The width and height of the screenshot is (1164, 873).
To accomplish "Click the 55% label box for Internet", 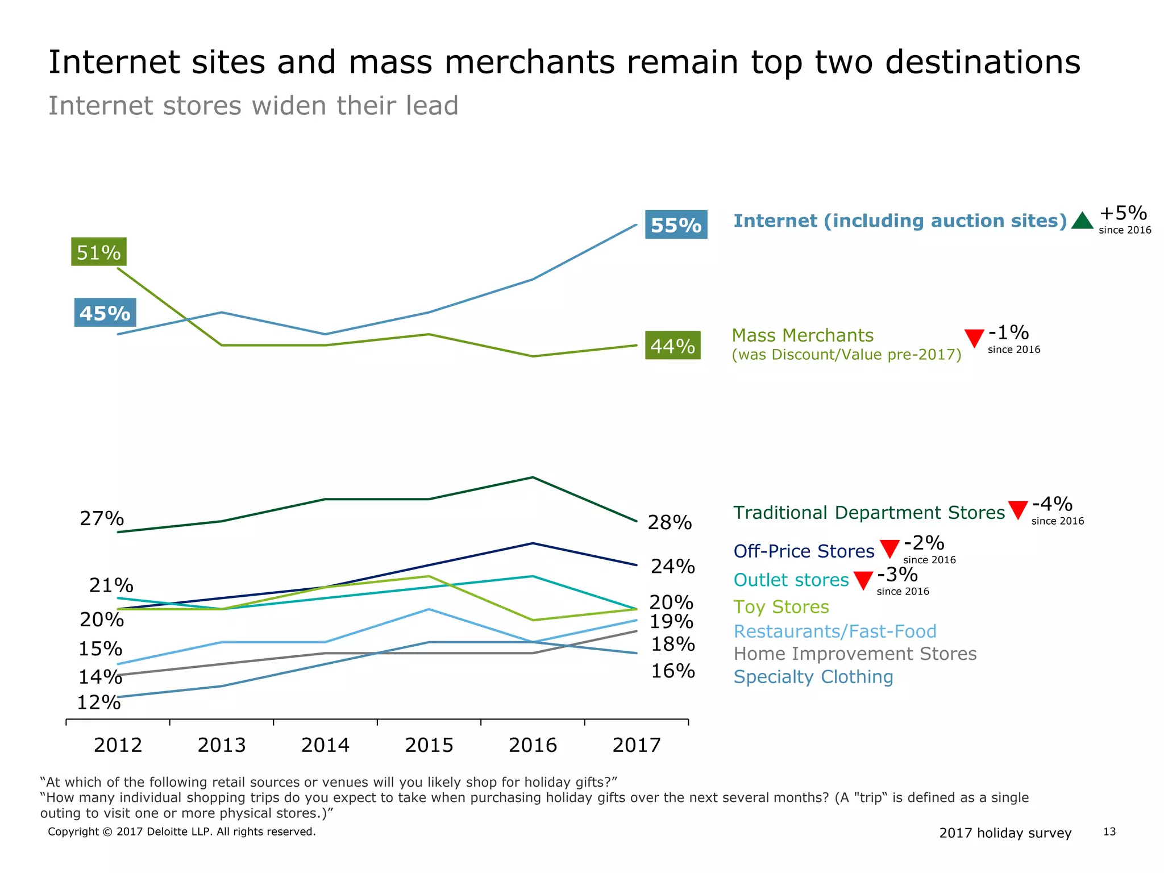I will coord(676,225).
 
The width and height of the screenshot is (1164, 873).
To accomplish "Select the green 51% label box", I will coord(99,252).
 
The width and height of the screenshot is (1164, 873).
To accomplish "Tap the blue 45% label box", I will coord(105,313).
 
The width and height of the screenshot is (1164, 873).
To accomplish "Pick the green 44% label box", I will coord(672,345).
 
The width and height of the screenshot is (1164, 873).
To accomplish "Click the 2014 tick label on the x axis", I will coord(325,745).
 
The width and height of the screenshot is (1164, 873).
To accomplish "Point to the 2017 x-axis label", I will coord(636,745).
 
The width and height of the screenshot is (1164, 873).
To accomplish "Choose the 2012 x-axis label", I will coord(118,745).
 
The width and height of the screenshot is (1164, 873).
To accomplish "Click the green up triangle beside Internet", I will coord(1082,221).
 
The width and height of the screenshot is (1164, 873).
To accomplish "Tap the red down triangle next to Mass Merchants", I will coord(974,338).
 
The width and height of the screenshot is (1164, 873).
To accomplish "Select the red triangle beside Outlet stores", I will coord(863,580).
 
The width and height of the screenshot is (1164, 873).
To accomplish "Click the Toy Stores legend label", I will coord(781,607).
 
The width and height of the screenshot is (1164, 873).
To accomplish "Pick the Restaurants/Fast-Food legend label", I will coord(835,631).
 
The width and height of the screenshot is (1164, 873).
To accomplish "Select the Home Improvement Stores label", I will coord(855,654).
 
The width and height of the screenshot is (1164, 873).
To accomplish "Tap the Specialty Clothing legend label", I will coord(813,677).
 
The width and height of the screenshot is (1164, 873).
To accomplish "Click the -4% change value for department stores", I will coord(1052,504).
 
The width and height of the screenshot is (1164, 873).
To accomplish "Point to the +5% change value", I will coord(1123,213).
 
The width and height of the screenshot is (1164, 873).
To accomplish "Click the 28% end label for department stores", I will coord(670,522).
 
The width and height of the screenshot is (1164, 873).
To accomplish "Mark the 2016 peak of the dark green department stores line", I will coord(533,477).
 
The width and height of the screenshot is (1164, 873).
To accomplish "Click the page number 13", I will coord(1109,832).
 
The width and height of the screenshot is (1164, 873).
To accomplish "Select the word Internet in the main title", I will coord(114,62).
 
